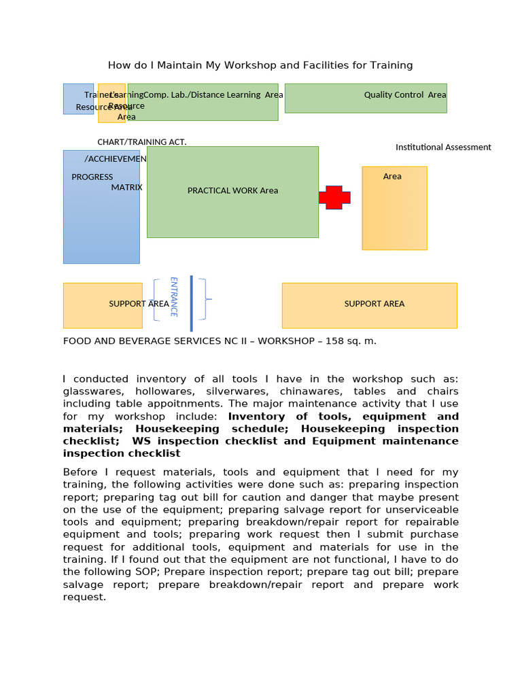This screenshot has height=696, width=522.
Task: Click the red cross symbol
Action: pyautogui.click(x=334, y=197)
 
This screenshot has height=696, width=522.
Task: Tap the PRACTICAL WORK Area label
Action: pyautogui.click(x=232, y=190)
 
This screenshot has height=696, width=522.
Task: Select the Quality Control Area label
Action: pyautogui.click(x=404, y=95)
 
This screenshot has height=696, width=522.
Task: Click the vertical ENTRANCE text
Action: pyautogui.click(x=173, y=296)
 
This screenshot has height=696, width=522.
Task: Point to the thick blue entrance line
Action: pyautogui.click(x=192, y=303)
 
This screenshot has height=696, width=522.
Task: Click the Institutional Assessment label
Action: pyautogui.click(x=443, y=147)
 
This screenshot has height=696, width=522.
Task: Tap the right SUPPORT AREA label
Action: pyautogui.click(x=374, y=304)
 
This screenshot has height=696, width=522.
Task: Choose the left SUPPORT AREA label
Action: pyautogui.click(x=139, y=304)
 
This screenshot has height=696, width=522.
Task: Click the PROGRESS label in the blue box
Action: pyautogui.click(x=92, y=177)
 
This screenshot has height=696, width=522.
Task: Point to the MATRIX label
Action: pyautogui.click(x=126, y=188)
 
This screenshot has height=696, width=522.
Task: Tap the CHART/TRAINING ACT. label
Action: pyautogui.click(x=142, y=142)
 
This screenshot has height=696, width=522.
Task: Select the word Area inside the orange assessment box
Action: pyautogui.click(x=392, y=176)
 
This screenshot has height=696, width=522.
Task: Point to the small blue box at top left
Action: pyautogui.click(x=78, y=99)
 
